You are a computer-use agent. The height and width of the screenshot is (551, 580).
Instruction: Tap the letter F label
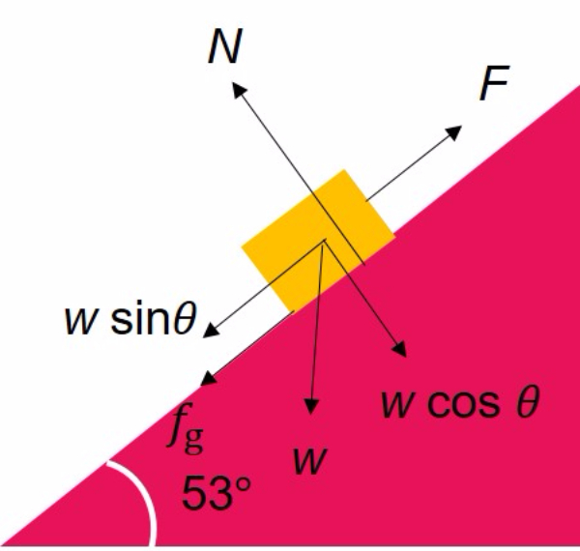pyautogui.click(x=494, y=87)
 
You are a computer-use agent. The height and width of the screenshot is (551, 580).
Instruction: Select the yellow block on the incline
pyautogui.click(x=318, y=239)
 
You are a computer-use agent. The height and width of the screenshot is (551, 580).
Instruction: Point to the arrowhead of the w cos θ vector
pyautogui.click(x=399, y=346)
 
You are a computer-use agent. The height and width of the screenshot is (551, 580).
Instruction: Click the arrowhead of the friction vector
pyautogui.click(x=207, y=378)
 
